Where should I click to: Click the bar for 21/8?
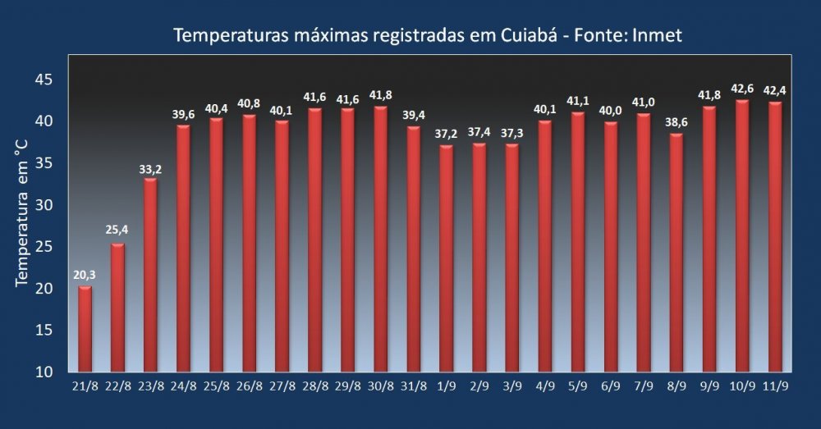(85, 328)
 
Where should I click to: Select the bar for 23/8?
(150, 275)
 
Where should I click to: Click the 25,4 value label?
(117, 230)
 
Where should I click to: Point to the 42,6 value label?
(742, 88)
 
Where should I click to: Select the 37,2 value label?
(446, 133)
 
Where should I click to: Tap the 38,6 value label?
(677, 121)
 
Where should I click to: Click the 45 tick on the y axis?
(44, 80)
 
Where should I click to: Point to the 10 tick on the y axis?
(44, 372)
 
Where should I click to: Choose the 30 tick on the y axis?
(44, 205)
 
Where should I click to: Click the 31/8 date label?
(413, 386)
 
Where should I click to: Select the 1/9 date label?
(446, 386)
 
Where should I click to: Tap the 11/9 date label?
(775, 386)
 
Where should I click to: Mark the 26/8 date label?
(249, 386)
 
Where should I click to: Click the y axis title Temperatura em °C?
(22, 213)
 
